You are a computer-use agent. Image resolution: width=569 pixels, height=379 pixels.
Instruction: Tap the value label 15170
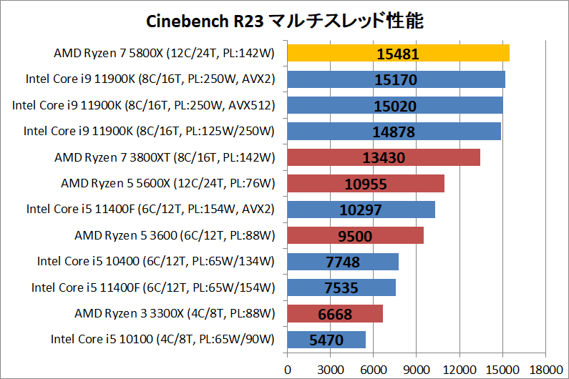[395, 79]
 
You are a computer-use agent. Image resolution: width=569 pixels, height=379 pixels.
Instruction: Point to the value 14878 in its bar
[394, 132]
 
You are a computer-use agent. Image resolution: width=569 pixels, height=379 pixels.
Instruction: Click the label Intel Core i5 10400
[156, 262]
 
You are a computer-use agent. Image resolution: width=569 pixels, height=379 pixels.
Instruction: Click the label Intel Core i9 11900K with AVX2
[150, 79]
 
